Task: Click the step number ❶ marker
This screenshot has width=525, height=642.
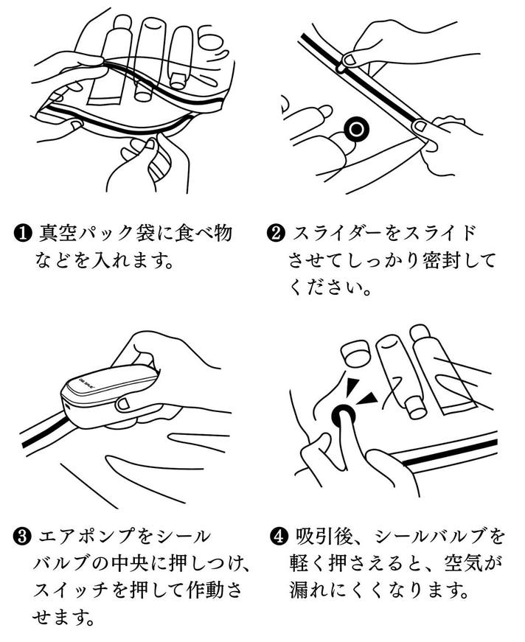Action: coord(22,234)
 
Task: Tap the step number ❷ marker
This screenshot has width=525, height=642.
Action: coord(274,234)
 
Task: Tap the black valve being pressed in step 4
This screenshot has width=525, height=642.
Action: coord(344,418)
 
